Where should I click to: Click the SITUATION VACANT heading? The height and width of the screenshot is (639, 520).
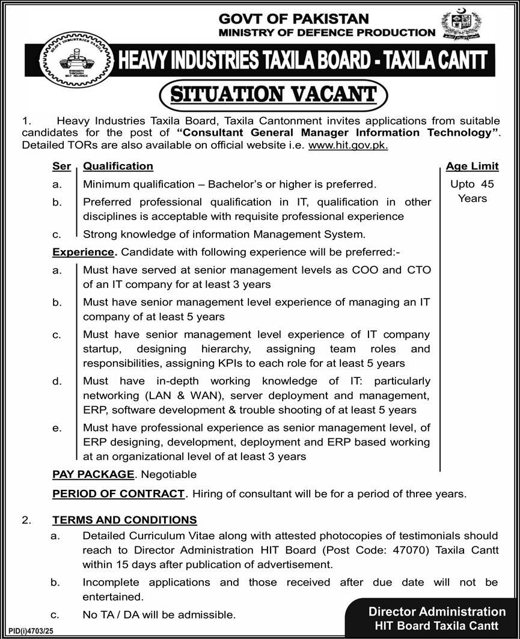[x=273, y=95]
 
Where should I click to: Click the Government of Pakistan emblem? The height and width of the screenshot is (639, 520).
[x=461, y=25]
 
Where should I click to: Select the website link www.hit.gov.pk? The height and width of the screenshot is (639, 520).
[x=348, y=145]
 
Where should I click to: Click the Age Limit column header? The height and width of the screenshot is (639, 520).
[x=472, y=167]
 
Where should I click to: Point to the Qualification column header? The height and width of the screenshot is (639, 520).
[x=118, y=166]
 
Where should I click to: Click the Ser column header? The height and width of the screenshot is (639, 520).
[x=61, y=166]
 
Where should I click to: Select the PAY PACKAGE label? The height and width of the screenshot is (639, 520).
[x=93, y=474]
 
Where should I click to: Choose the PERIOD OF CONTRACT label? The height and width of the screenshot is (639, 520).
[x=118, y=494]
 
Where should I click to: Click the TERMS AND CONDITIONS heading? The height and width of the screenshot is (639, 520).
[x=124, y=519]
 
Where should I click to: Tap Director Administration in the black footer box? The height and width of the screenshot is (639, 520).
[x=437, y=612]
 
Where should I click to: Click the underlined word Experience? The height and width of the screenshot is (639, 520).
[x=83, y=252]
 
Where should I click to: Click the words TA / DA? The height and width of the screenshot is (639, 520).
[x=120, y=614]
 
